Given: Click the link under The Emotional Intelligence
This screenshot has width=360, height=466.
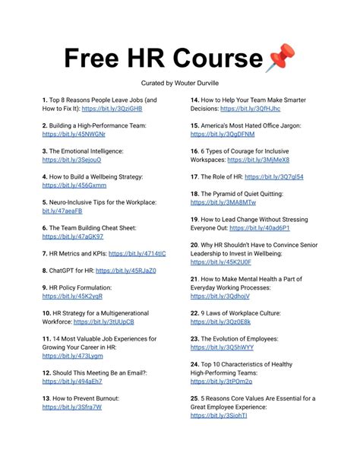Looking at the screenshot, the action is [x=71, y=160].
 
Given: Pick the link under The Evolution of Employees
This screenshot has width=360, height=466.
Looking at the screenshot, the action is [x=222, y=347].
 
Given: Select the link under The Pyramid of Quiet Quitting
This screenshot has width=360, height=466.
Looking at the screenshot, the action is [x=223, y=202].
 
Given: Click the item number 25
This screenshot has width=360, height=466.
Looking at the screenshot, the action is [x=194, y=398].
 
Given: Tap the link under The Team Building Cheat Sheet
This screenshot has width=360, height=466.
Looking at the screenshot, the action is [x=73, y=236].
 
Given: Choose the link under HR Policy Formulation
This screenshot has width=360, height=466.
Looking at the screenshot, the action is [x=71, y=296].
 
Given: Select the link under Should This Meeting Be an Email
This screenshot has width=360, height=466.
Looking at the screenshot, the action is [x=72, y=382].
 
